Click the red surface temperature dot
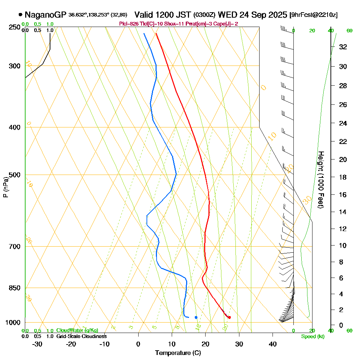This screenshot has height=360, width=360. tap(229, 317)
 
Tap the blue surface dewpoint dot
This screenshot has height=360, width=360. tap(196, 317)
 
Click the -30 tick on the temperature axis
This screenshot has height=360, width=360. tap(37, 344)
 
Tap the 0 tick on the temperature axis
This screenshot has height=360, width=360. tap(138, 344)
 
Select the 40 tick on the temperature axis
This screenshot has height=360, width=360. tap(273, 344)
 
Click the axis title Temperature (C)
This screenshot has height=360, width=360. tap(178, 353)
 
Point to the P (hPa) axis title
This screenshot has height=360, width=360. tap(5, 187)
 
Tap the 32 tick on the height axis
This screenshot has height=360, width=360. tap(343, 47)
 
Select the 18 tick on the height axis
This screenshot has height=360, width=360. tap(343, 177)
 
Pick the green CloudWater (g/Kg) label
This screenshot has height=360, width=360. tap(77, 330)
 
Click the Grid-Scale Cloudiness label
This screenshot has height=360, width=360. tap(81, 336)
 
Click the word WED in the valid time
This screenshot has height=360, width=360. tap(226, 15)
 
